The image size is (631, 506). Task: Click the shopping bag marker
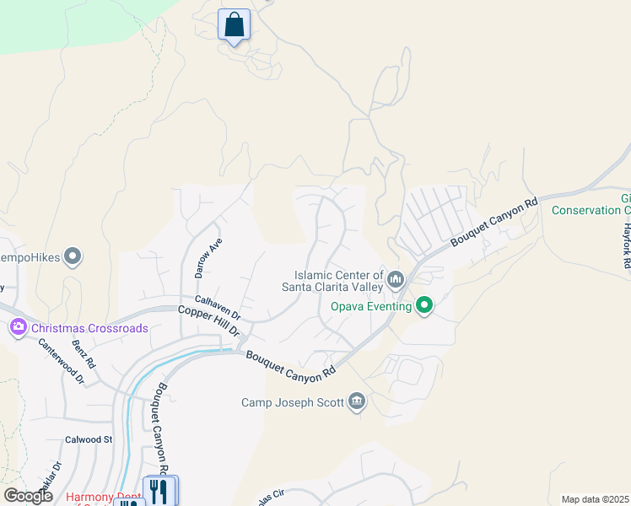pos(234,25)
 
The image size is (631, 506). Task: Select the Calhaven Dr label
pos(218,306)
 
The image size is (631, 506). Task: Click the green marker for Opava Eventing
pos(424,306)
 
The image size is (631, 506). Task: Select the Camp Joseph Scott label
pos(293,402)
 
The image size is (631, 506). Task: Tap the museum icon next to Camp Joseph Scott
pos(357,401)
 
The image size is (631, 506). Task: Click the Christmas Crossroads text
pos(89,328)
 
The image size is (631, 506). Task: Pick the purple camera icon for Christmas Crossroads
pos(18,327)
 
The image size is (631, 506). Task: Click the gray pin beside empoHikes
pos(73,255)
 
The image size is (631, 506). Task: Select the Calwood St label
pos(89,439)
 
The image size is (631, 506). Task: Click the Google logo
pos(28,496)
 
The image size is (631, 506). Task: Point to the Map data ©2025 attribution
pos(596,499)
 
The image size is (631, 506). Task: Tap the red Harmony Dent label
pos(101,498)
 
